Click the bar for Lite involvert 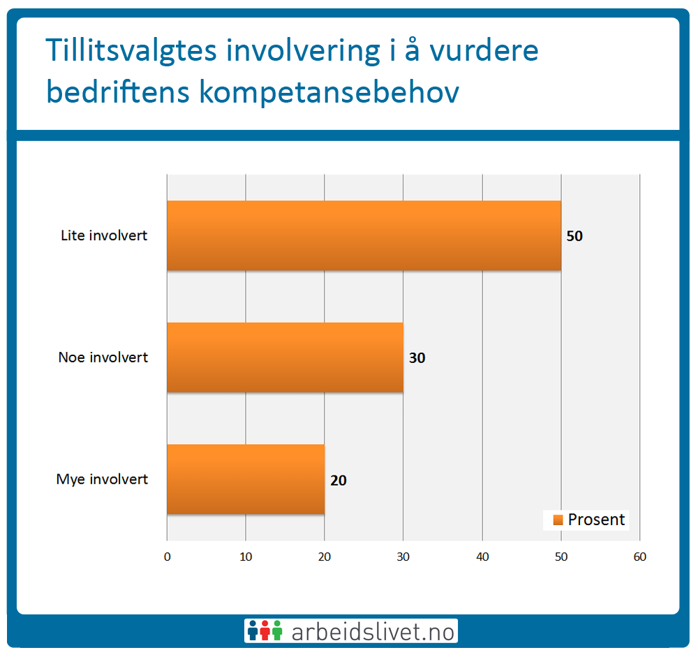[364, 235]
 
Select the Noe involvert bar [285, 357]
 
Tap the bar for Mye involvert [246, 479]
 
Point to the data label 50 [574, 236]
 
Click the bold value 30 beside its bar [417, 358]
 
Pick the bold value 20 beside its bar [339, 480]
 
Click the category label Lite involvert [104, 235]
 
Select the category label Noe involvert [103, 357]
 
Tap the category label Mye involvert [102, 479]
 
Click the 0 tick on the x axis [168, 556]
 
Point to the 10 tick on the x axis [246, 556]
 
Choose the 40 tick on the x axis [482, 556]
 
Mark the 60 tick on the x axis [639, 556]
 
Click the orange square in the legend [558, 520]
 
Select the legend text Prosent [597, 520]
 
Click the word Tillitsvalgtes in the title [131, 51]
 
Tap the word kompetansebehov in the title [329, 92]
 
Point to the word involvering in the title [303, 51]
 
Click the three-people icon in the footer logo [265, 630]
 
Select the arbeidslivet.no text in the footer [373, 632]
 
